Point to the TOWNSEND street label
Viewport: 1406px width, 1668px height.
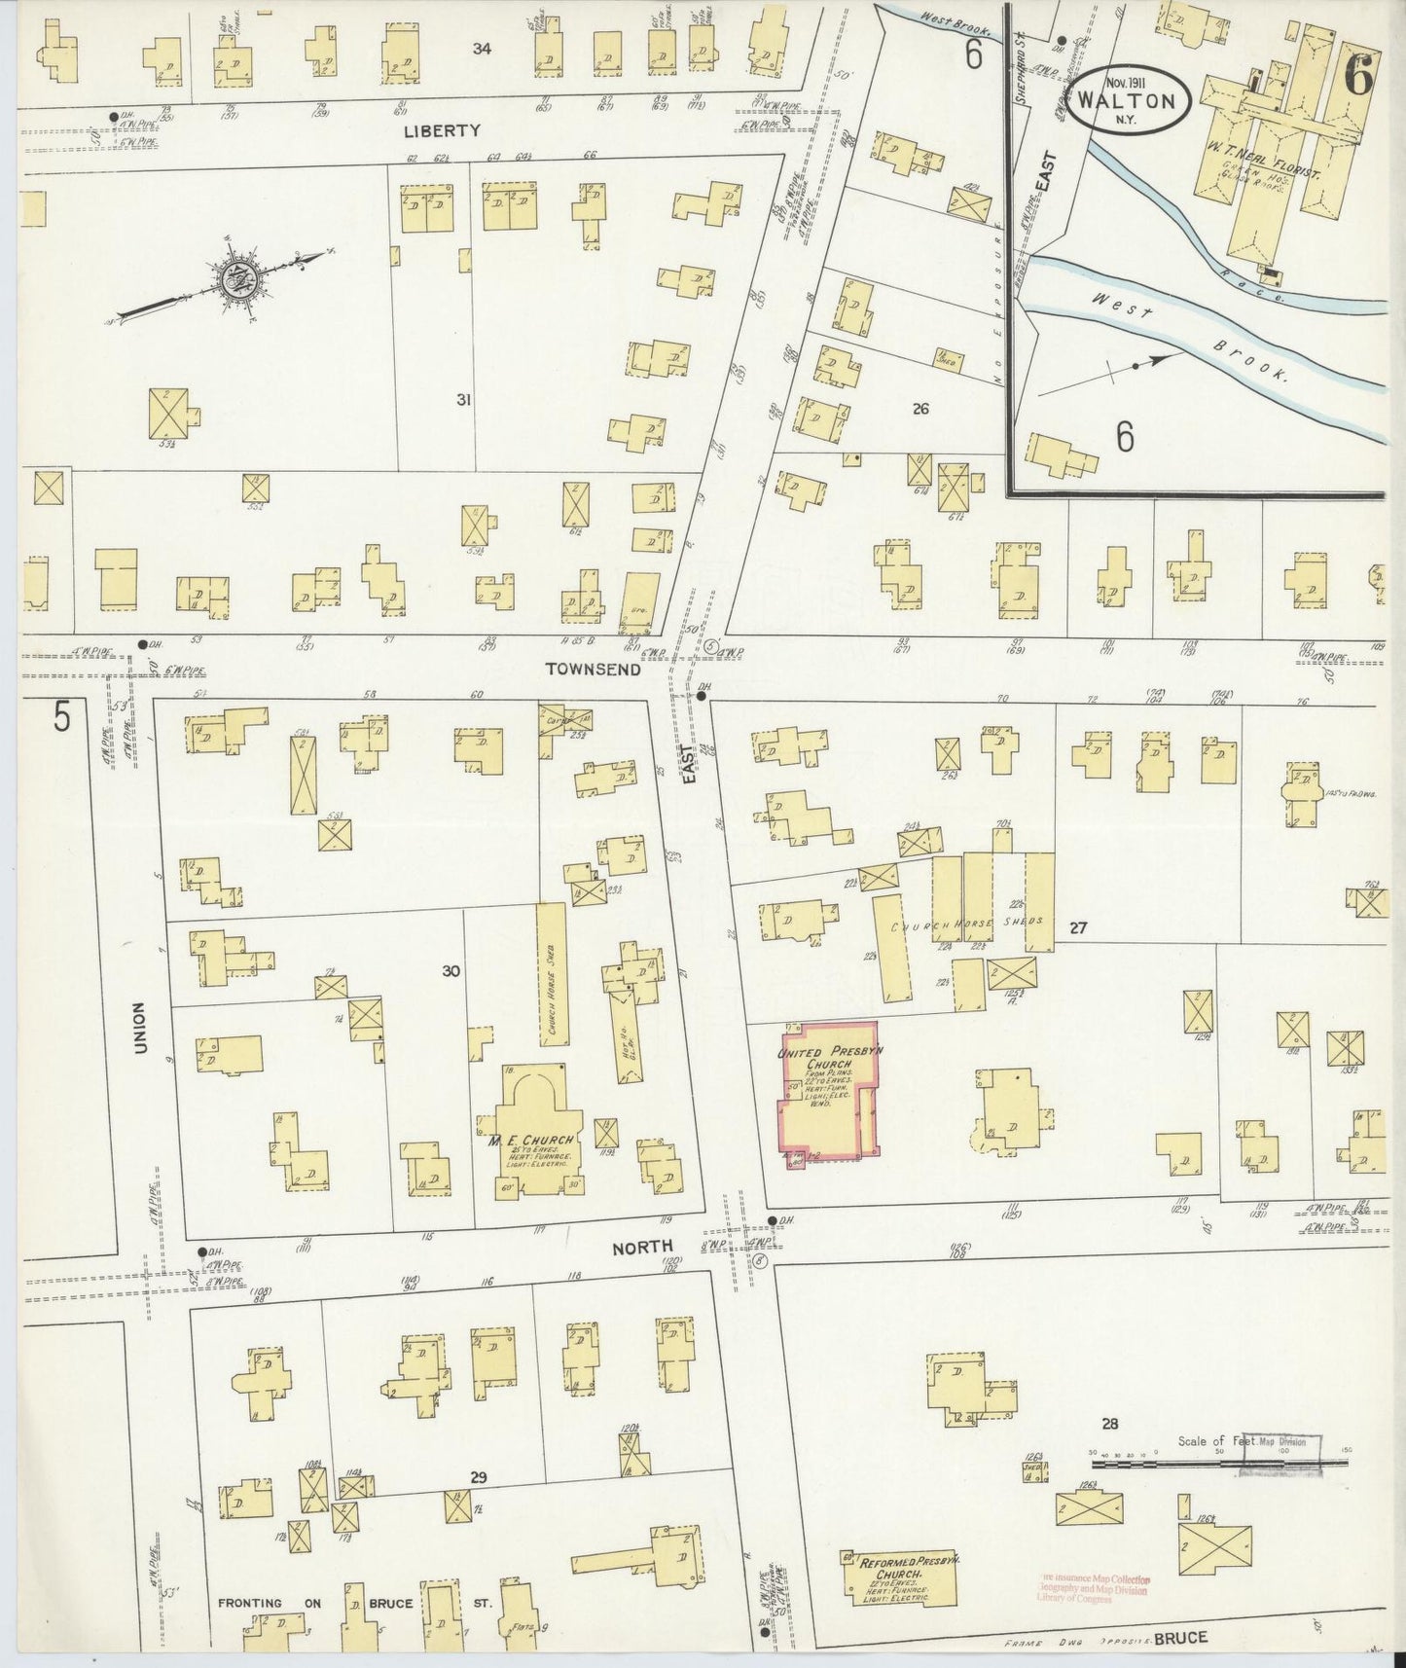594,669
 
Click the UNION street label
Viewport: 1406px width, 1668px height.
139,1027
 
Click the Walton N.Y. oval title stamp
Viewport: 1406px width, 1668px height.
1132,100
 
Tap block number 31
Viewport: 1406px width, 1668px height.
464,399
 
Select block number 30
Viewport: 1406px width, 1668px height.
451,970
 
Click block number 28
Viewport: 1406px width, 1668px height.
1109,1423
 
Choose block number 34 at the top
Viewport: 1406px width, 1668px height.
482,49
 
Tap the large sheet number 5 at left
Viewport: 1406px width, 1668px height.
61,717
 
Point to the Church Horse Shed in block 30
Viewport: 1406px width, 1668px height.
552,973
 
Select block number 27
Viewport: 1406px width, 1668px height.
1077,927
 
